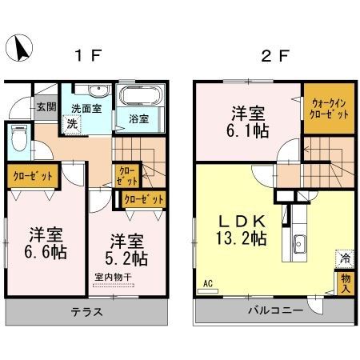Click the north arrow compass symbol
point(19,48)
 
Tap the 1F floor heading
point(88,56)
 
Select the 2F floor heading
point(274,56)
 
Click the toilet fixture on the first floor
point(19,138)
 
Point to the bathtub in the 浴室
point(141,95)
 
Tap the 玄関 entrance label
point(46,107)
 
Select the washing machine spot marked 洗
point(72,124)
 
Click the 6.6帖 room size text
point(46,252)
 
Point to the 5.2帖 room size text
point(126,258)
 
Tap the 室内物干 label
point(114,277)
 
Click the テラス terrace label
point(86,311)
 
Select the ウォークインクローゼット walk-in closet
point(330,109)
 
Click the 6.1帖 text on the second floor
point(247,131)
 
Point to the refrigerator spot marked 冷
point(345,258)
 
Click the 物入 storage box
point(346,284)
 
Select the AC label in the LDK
point(208,283)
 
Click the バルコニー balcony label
point(276,310)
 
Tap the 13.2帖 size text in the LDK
point(242,238)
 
